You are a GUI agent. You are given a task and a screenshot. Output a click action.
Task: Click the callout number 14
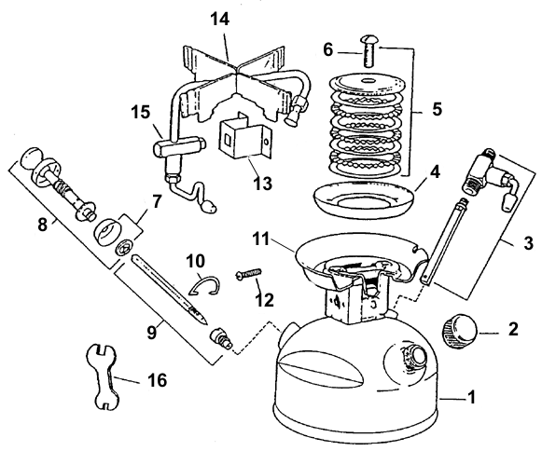(x=220, y=19)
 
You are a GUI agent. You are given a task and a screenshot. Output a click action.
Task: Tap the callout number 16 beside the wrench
(x=158, y=380)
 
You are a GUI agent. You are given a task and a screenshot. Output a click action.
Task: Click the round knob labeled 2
(x=459, y=331)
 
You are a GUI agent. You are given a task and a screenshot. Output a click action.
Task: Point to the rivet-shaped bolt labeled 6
(x=369, y=51)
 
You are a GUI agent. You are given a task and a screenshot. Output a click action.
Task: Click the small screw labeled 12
(x=249, y=273)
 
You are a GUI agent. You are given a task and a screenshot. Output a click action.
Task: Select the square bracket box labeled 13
(x=244, y=138)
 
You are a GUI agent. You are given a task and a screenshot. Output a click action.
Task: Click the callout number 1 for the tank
(x=471, y=396)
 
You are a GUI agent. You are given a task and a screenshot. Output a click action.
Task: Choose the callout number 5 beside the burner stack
(x=437, y=109)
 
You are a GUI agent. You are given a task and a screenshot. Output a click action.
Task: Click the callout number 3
(x=529, y=243)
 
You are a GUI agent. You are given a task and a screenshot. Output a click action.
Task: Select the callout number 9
(x=152, y=333)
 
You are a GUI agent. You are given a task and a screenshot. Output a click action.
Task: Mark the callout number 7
(x=157, y=201)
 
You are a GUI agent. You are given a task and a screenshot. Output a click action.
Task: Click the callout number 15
(x=141, y=112)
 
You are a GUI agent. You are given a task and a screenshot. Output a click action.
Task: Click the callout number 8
(x=42, y=225)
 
